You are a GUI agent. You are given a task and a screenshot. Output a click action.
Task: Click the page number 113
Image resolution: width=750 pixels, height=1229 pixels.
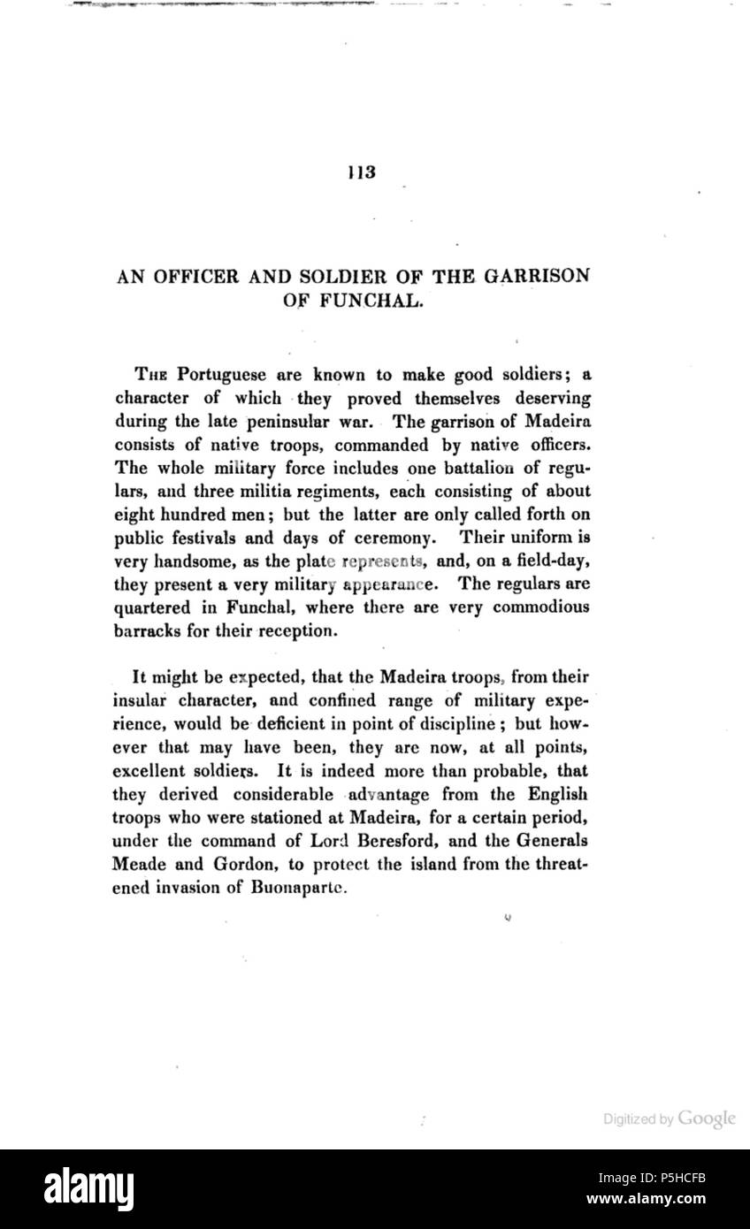click(362, 172)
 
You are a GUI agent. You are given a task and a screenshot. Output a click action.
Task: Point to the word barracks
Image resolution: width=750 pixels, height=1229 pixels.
click(148, 630)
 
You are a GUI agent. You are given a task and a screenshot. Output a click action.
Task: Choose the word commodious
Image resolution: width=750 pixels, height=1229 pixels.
click(537, 607)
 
